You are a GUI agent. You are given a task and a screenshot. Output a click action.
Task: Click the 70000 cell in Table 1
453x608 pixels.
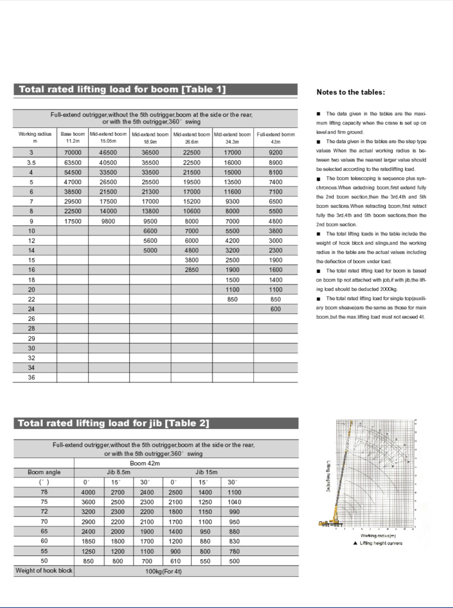(73, 153)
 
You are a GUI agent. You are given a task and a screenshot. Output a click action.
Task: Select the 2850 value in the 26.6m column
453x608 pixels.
(191, 270)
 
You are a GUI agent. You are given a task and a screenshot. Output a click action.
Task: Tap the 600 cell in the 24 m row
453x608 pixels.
(275, 309)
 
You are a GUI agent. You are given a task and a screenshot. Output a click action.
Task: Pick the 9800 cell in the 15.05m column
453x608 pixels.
(108, 221)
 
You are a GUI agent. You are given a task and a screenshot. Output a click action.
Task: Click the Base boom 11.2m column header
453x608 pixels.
(73, 137)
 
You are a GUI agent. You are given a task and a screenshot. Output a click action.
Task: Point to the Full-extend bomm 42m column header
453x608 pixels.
(275, 138)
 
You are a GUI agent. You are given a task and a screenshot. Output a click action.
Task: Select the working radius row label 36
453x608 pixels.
(32, 378)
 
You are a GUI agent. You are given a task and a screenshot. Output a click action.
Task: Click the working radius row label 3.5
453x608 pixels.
(31, 162)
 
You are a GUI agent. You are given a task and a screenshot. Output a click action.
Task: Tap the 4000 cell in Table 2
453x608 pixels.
(88, 492)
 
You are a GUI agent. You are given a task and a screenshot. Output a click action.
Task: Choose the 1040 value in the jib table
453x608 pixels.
(234, 502)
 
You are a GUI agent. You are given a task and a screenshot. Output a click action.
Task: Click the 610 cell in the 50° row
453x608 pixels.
(175, 561)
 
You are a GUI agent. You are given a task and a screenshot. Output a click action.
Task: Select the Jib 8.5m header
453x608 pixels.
(119, 472)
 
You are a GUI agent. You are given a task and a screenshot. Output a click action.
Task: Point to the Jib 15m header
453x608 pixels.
(206, 472)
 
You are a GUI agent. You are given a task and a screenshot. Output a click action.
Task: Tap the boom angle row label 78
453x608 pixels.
(44, 492)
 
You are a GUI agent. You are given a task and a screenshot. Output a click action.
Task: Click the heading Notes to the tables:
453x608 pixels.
(351, 92)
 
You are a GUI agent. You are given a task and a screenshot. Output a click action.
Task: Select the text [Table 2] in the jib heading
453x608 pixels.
(187, 423)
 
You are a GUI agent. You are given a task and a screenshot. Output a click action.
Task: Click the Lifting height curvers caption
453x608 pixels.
(381, 543)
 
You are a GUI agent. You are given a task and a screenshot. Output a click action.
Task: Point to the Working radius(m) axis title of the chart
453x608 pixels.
(378, 536)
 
